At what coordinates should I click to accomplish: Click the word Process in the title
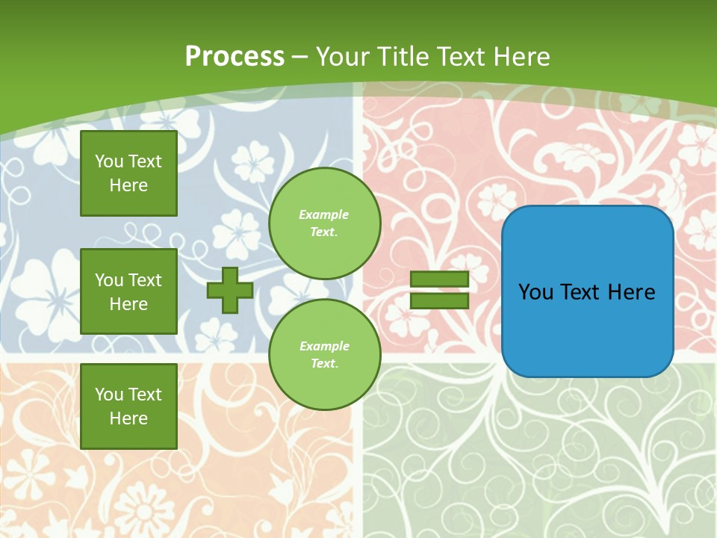235,56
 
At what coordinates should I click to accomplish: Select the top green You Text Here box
128,173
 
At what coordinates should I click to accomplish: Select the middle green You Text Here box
128,291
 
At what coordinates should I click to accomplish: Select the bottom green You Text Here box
128,406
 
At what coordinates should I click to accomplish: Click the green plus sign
230,290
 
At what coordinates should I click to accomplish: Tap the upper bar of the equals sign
439,279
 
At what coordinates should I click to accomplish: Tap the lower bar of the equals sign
439,301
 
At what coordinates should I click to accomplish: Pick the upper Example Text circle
324,223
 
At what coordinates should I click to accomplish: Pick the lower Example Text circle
324,355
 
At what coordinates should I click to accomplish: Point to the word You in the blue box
536,292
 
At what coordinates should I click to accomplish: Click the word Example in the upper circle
324,214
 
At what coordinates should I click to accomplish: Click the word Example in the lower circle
324,346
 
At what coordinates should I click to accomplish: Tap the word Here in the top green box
128,185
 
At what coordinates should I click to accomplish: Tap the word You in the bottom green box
109,394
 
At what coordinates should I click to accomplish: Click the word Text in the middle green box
144,280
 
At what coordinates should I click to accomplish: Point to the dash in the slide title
300,57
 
